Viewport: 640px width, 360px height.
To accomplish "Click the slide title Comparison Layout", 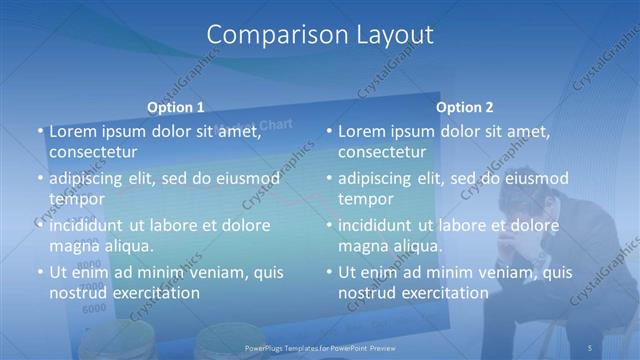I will tap(320, 35).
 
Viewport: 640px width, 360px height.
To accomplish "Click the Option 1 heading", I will tap(176, 107).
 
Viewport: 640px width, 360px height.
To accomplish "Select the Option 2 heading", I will tap(465, 107).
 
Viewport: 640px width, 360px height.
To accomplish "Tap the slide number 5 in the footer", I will tap(590, 347).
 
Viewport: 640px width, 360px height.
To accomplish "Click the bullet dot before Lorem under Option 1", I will tap(39, 132).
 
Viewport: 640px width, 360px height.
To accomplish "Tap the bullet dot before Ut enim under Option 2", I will tap(328, 272).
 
